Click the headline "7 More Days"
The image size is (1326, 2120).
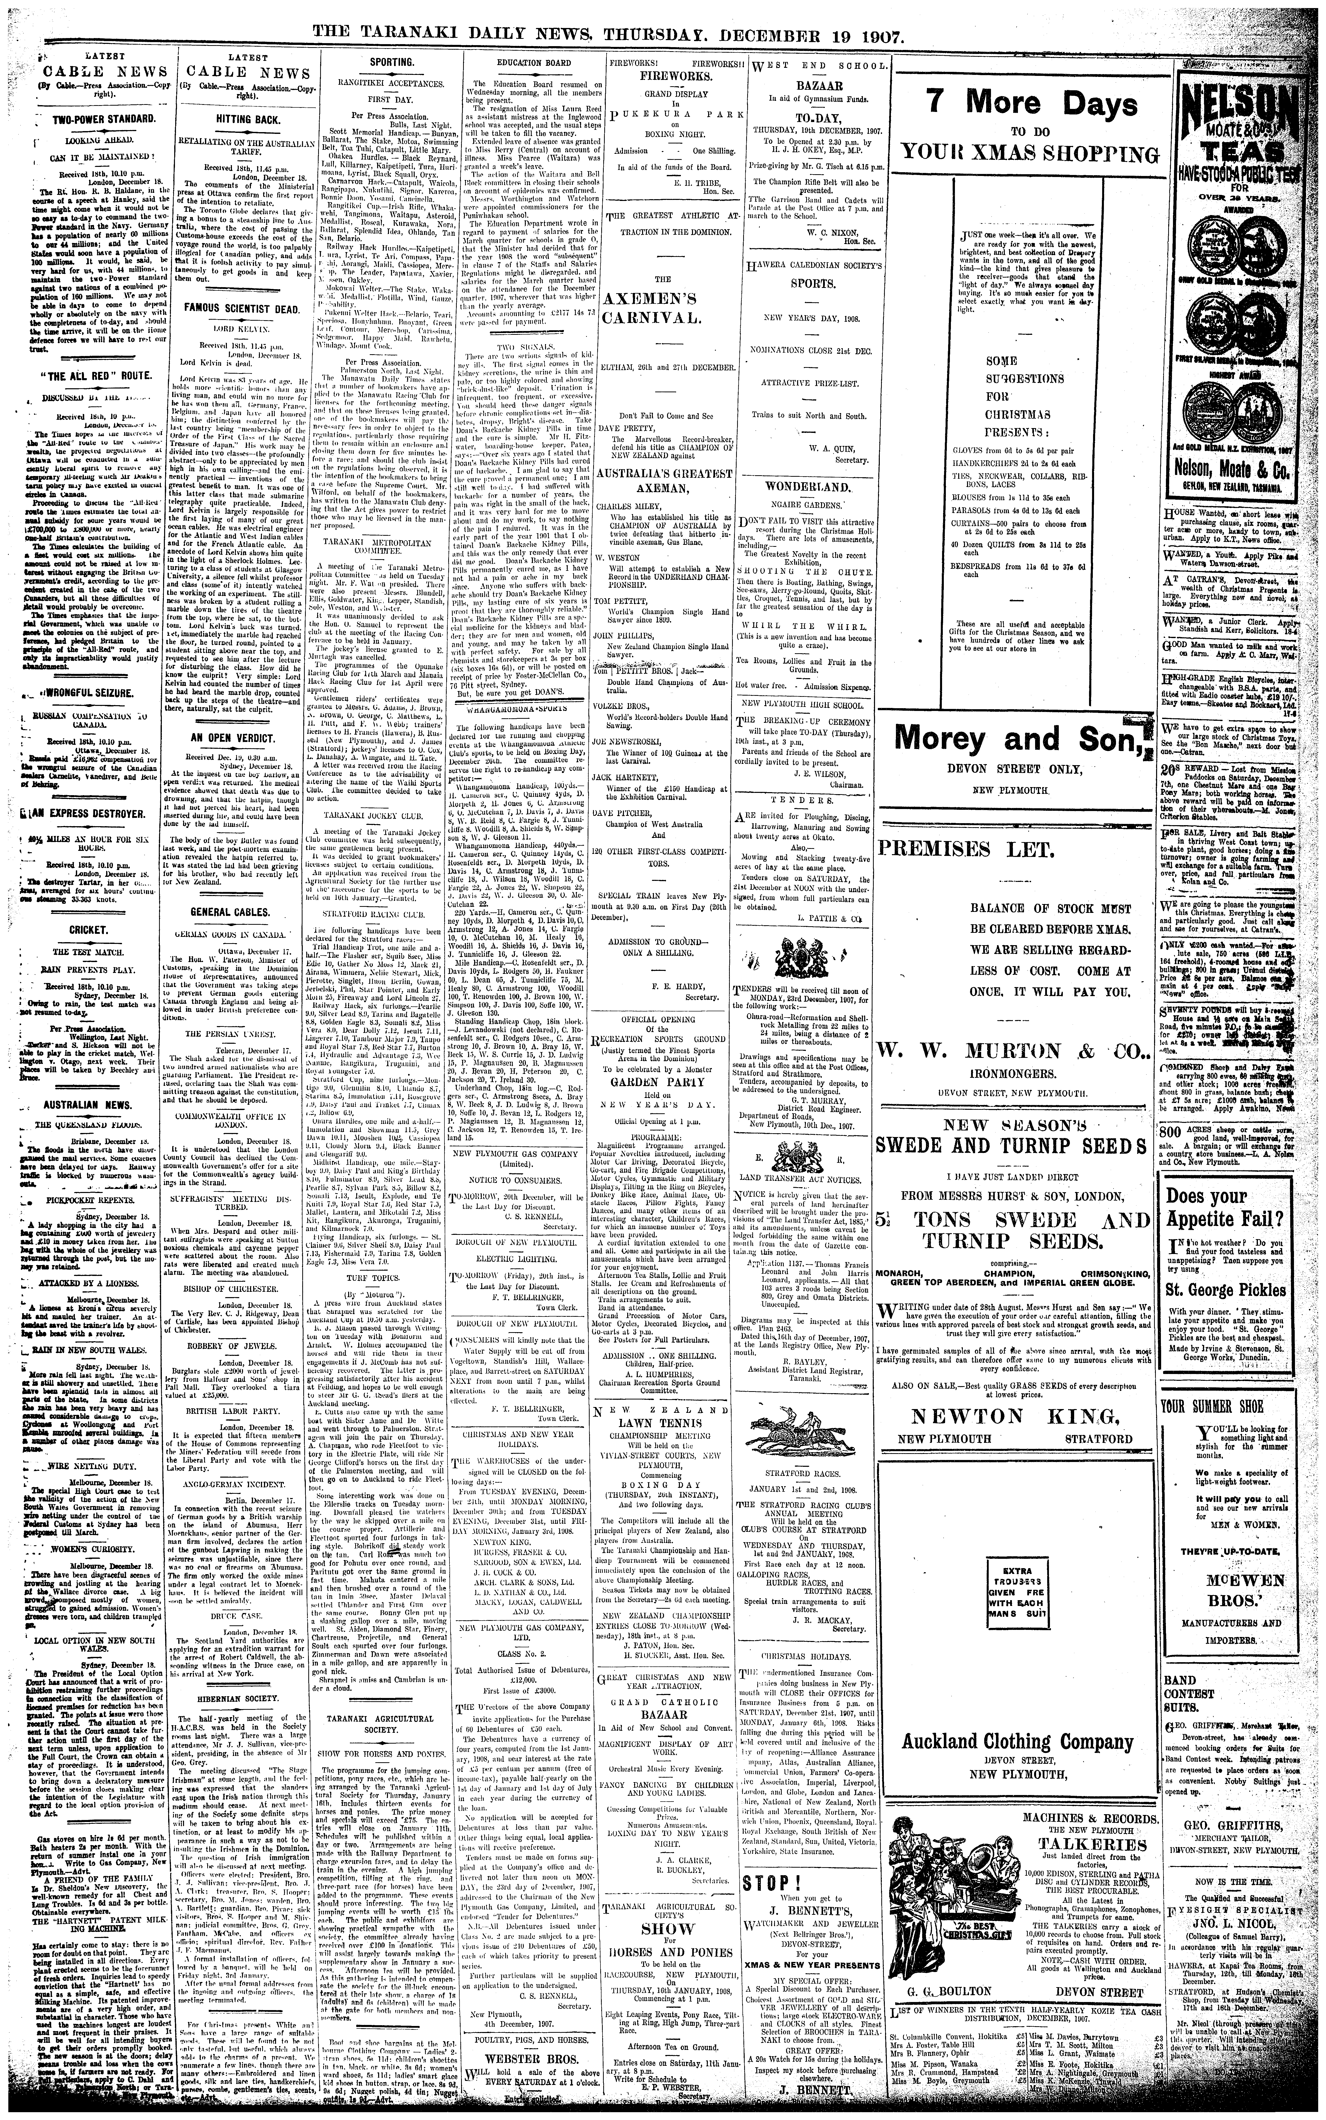tap(1024, 104)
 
